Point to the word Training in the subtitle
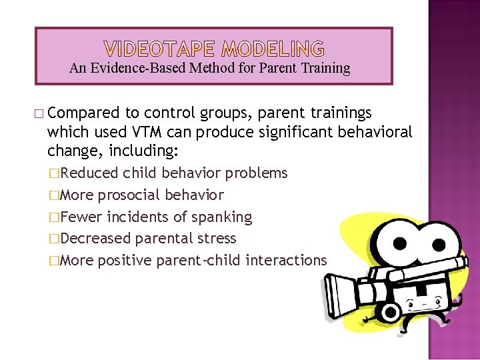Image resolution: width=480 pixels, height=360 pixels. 325,68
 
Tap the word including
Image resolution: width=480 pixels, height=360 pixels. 147,151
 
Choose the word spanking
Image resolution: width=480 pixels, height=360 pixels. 224,217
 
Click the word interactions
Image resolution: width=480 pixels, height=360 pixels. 286,260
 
